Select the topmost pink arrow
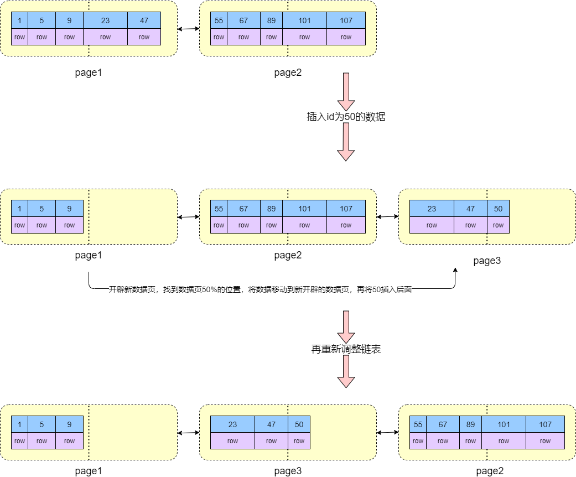346,91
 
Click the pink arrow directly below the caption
346,326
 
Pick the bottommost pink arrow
346,371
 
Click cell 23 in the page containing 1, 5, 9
105,20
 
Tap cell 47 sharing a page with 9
144,20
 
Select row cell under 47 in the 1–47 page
144,37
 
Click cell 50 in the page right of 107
498,209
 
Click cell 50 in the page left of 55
299,424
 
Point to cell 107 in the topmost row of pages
346,20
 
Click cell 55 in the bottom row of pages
418,424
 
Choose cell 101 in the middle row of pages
304,209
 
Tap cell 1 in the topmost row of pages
19,20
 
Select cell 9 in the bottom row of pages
69,424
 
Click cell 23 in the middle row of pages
432,209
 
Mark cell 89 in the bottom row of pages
470,424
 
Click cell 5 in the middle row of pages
41,209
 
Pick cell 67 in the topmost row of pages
243,20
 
